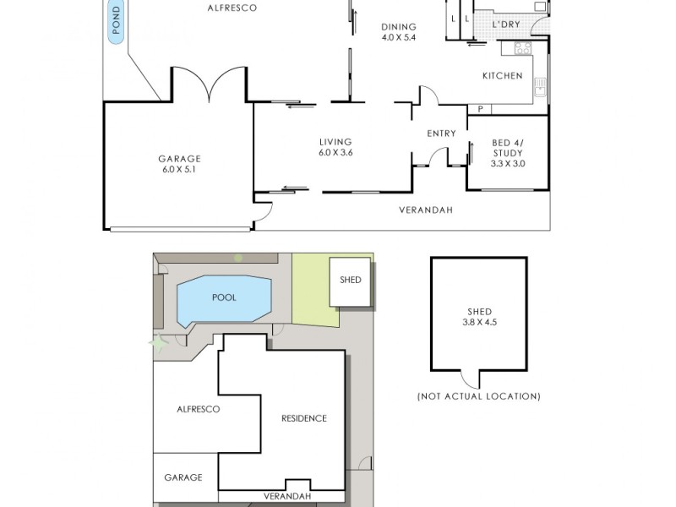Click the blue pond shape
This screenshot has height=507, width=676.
(x=116, y=22)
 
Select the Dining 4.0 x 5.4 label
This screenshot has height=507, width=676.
(x=398, y=32)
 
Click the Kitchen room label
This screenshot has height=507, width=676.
(x=502, y=76)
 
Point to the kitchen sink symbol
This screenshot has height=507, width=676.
(x=540, y=87)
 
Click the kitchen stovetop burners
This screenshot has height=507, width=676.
(x=523, y=48)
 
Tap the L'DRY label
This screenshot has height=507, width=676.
(x=506, y=25)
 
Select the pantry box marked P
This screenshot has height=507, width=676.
(x=479, y=110)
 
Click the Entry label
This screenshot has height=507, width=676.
(x=441, y=134)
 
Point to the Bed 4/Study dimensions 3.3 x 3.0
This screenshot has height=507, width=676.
(x=508, y=164)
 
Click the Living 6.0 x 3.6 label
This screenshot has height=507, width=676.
(x=335, y=147)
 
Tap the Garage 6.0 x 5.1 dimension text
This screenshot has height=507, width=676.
(x=179, y=170)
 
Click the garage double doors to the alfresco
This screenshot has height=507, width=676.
(x=210, y=84)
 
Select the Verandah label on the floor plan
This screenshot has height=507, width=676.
(x=426, y=210)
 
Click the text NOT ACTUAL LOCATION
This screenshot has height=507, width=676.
(x=478, y=396)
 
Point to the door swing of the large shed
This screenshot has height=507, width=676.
(x=470, y=379)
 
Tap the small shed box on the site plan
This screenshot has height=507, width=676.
(x=350, y=282)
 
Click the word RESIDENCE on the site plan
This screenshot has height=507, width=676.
(x=304, y=418)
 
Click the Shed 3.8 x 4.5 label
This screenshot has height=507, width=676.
(x=479, y=317)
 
